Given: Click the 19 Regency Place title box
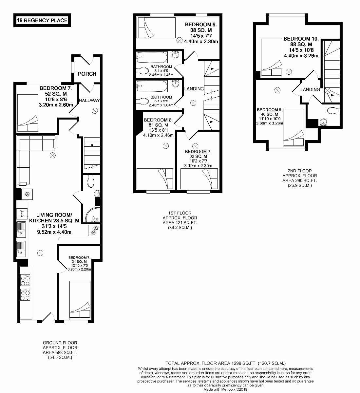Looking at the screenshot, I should click(x=42, y=21).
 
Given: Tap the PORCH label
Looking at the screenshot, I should click(x=87, y=74).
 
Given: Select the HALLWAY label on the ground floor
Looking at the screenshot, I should click(x=89, y=100).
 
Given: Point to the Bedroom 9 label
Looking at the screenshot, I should click(x=201, y=25).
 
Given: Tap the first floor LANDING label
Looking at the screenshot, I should click(x=194, y=89).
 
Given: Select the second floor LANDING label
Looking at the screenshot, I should click(x=310, y=89).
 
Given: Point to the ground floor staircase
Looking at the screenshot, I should click(x=91, y=154).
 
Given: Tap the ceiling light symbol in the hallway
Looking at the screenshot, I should click(x=95, y=111).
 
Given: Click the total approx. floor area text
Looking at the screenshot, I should click(x=226, y=363).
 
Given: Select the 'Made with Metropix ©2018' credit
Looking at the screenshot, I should click(x=226, y=389).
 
